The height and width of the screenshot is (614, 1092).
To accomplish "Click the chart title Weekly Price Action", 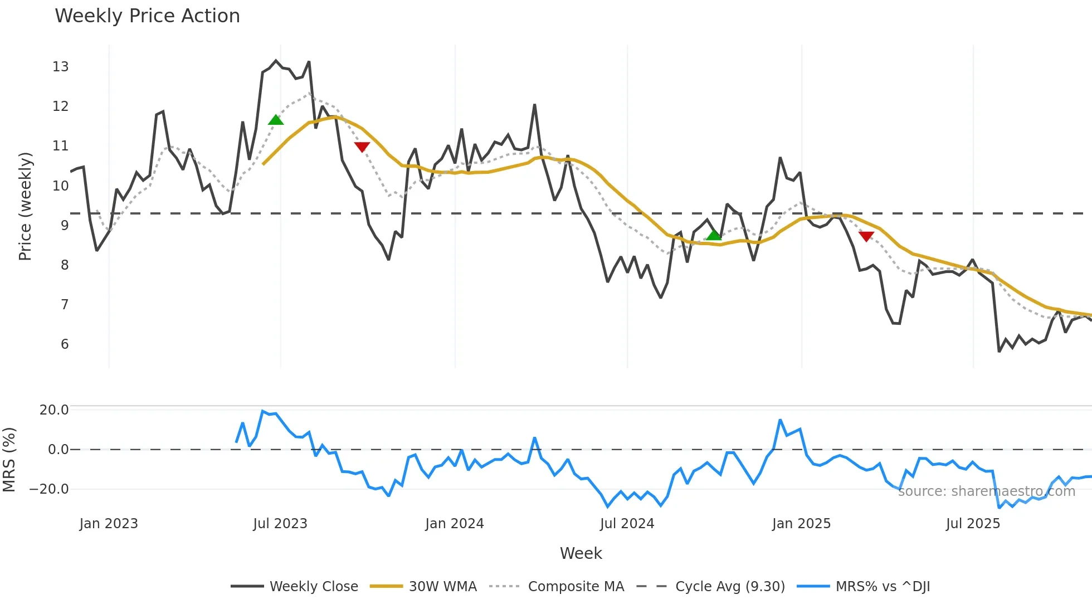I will point(147,16).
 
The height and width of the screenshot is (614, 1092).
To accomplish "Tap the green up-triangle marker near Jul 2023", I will point(276,120).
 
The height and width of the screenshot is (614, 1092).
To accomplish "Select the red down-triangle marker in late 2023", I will point(362,147).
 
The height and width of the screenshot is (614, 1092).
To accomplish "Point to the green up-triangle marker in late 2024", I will point(714,235).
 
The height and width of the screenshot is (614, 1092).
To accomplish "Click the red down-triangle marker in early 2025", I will point(866,236).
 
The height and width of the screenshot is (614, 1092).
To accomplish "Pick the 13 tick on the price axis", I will point(61,67).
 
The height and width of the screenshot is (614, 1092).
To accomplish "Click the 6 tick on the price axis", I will point(65,344).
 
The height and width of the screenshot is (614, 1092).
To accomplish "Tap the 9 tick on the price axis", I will point(65,226).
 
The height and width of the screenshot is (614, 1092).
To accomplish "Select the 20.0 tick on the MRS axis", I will point(54,410).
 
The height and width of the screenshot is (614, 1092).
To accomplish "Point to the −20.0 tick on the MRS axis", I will point(50,489).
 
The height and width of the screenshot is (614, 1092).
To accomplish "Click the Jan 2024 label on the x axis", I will point(455,524).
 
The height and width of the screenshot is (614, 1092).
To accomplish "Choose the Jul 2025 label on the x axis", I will point(973,524).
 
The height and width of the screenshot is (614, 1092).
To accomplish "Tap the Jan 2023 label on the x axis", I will point(109,524).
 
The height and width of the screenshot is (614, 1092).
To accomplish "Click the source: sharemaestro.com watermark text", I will point(987,491).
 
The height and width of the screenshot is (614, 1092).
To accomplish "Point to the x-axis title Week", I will point(581,553).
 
